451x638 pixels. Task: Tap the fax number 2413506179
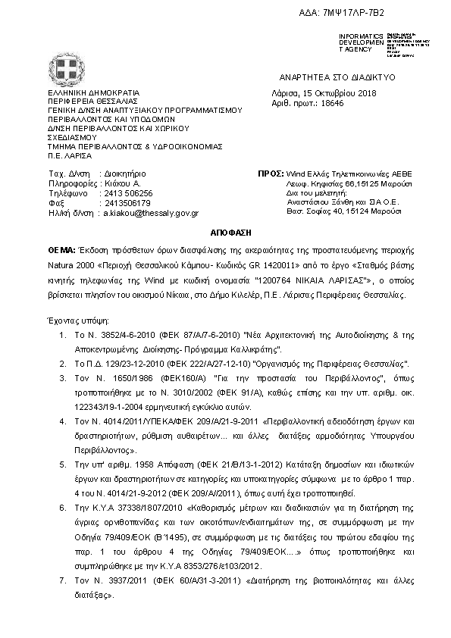(x=128, y=204)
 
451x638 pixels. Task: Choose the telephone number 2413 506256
(x=128, y=194)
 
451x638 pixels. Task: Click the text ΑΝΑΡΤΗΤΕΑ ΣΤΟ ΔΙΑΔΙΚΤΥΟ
(x=326, y=77)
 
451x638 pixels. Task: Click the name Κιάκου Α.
(x=123, y=183)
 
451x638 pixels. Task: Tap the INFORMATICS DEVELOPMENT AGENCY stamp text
(x=361, y=42)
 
